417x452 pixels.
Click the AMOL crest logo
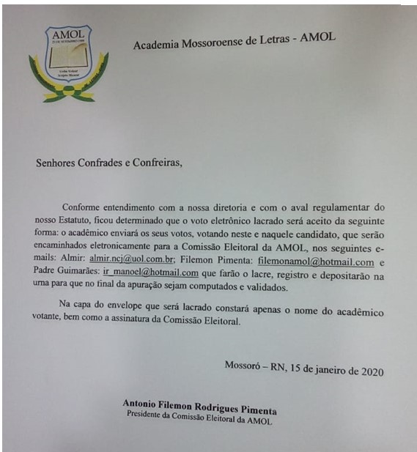pos(68,63)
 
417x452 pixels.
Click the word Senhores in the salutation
pos(58,163)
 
